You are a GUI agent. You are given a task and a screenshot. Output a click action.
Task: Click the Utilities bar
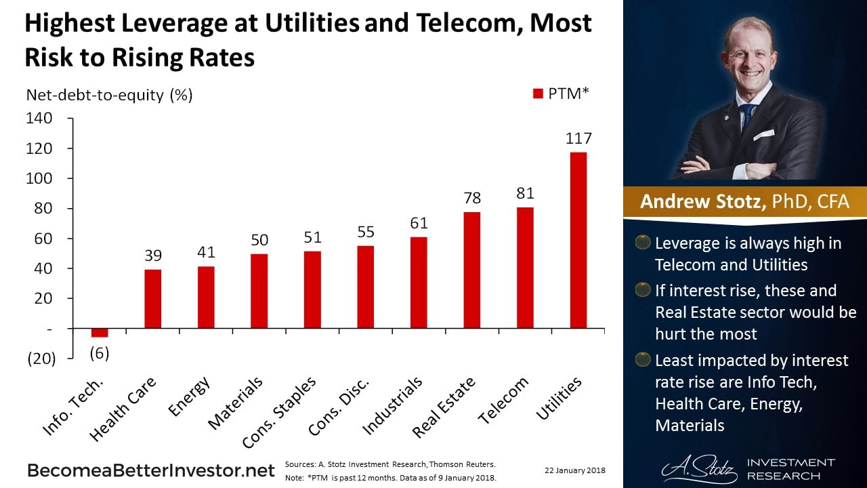[578, 240]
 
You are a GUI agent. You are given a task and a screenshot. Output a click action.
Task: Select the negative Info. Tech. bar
[100, 332]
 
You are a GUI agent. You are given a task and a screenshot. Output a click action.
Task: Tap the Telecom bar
[525, 267]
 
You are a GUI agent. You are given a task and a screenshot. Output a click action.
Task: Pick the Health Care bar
[153, 298]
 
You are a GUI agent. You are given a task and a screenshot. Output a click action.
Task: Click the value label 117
[578, 138]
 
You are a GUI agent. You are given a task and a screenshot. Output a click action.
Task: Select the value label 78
[472, 197]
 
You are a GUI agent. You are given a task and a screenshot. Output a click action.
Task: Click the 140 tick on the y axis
[39, 119]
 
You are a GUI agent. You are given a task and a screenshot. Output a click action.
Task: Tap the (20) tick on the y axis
[41, 359]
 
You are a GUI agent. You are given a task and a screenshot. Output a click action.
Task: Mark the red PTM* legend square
[538, 94]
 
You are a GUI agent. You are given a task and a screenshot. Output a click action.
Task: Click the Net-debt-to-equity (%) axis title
[109, 95]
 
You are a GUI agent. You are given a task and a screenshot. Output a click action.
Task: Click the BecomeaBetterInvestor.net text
[150, 470]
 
